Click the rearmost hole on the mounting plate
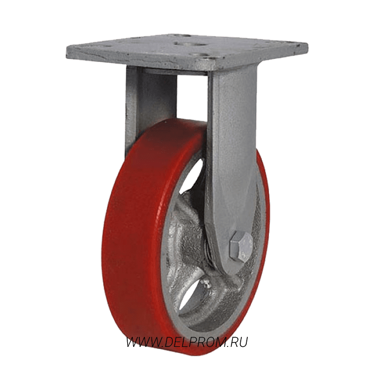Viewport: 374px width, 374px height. click(182, 36)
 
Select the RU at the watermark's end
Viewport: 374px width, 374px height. click(239, 342)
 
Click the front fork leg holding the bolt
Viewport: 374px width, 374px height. click(231, 167)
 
